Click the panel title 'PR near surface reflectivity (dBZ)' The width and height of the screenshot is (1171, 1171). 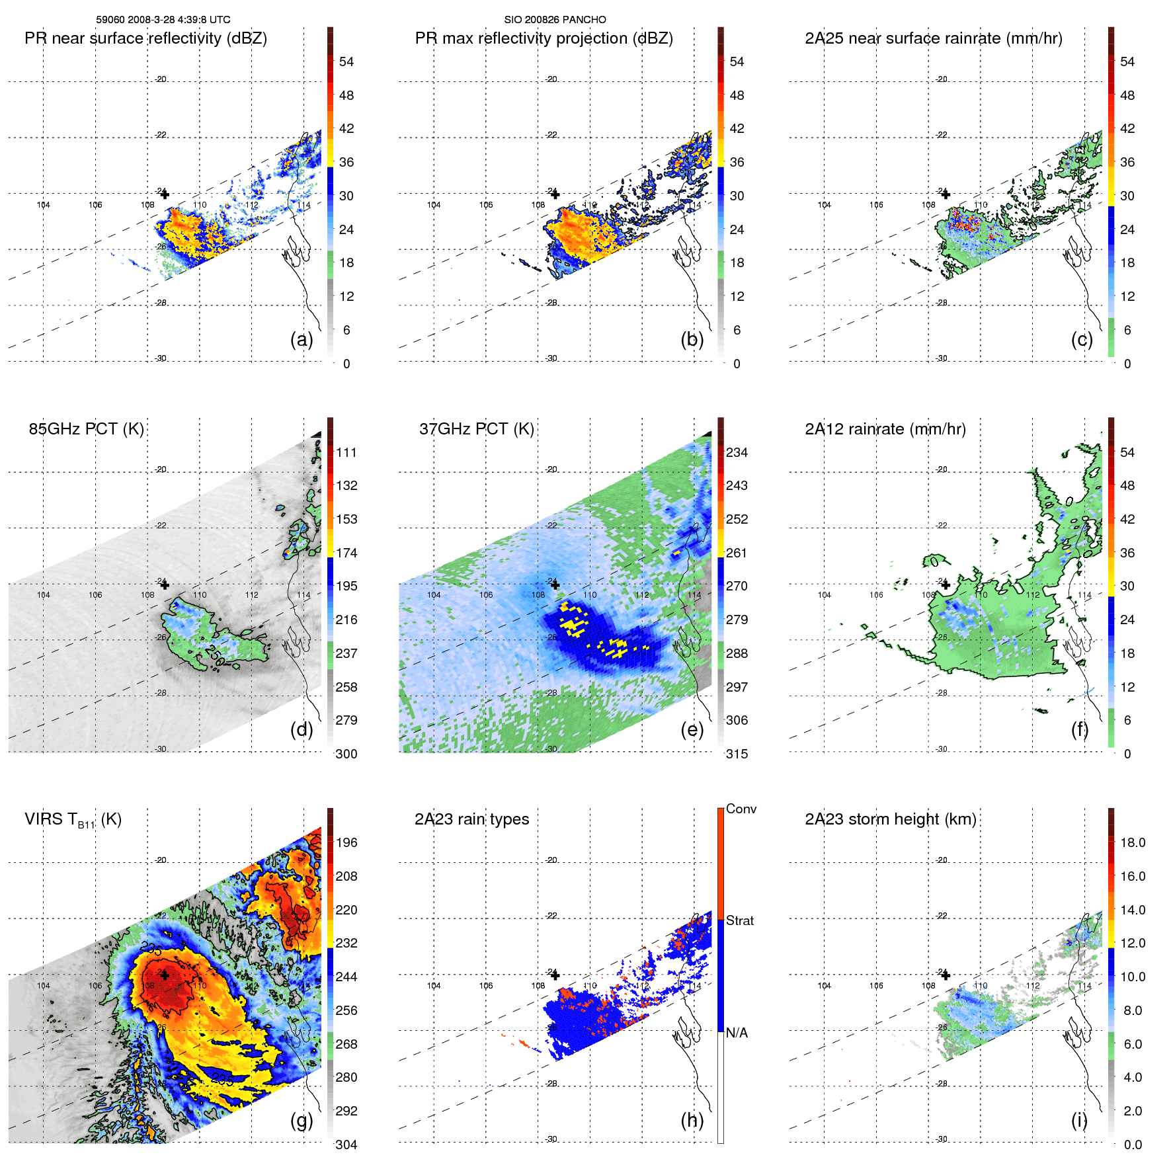(x=145, y=38)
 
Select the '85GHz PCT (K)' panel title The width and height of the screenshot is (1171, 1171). (x=86, y=429)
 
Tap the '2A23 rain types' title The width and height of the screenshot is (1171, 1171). (x=471, y=819)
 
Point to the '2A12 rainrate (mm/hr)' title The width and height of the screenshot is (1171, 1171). (x=885, y=429)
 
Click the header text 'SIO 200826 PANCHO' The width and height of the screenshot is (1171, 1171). (x=555, y=20)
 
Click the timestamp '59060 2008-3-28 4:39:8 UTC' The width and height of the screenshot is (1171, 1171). (x=163, y=20)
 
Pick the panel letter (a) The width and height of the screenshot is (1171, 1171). (x=302, y=339)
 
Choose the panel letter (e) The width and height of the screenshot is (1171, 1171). (x=692, y=729)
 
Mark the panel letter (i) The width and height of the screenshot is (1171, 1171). (x=1079, y=1120)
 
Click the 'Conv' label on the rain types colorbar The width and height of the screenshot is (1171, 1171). (x=741, y=809)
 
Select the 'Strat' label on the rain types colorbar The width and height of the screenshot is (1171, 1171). (x=739, y=920)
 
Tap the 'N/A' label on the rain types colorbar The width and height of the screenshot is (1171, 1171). (x=737, y=1033)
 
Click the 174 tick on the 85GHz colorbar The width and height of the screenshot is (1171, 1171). (x=346, y=553)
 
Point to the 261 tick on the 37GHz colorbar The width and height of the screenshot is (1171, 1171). (x=737, y=553)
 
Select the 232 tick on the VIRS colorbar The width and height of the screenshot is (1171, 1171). (x=346, y=943)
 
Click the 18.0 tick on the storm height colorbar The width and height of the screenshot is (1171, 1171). (x=1132, y=842)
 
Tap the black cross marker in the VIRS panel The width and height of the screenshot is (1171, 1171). (x=165, y=975)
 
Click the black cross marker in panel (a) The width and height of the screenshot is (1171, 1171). (x=165, y=194)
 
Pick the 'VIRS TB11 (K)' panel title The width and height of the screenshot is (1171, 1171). (x=73, y=820)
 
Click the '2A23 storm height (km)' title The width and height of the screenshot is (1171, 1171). (x=890, y=819)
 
